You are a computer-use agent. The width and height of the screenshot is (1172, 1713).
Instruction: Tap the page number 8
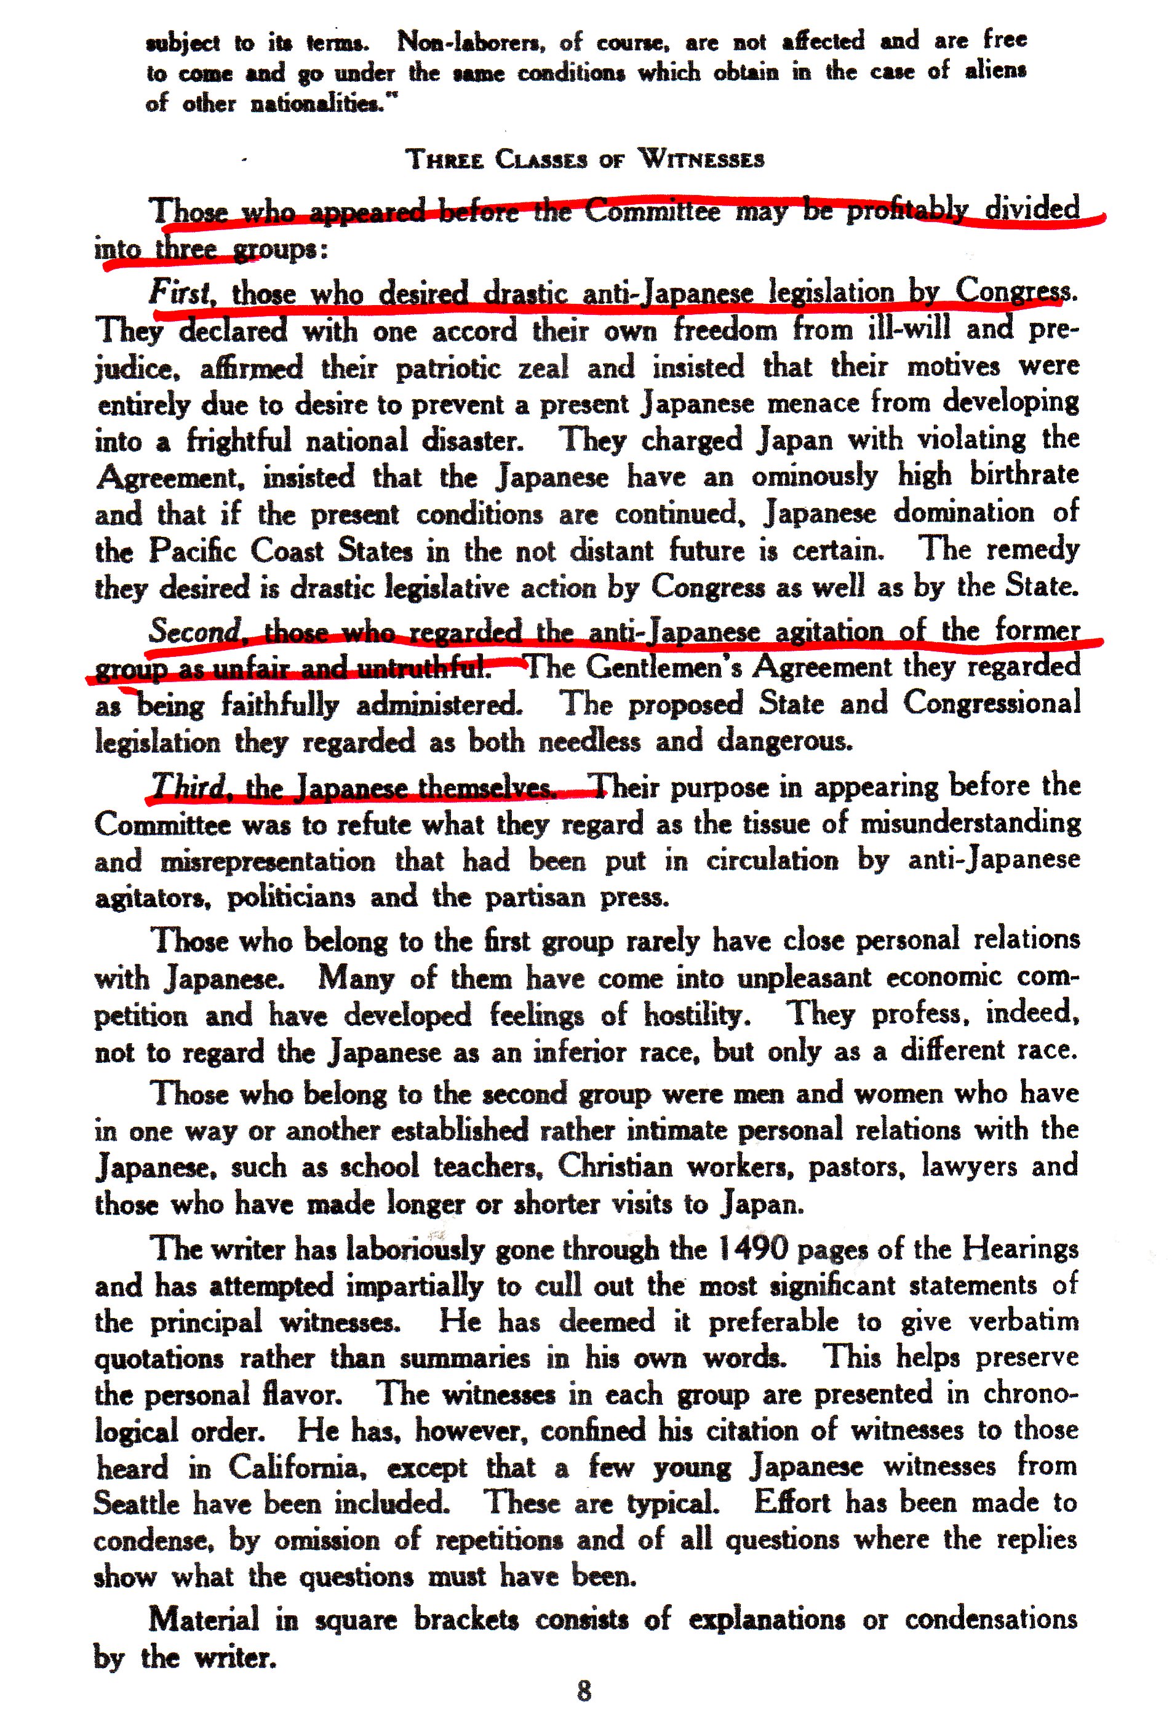[x=584, y=1690]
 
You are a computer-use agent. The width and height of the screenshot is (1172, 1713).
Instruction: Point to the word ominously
[x=815, y=477]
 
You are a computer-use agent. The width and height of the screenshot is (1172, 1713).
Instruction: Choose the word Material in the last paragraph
[x=204, y=1620]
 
